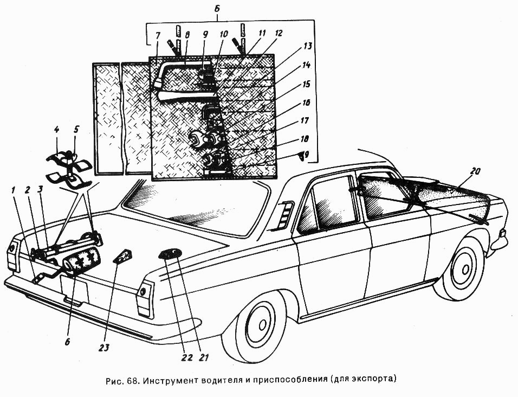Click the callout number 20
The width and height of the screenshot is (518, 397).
click(x=475, y=171)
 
